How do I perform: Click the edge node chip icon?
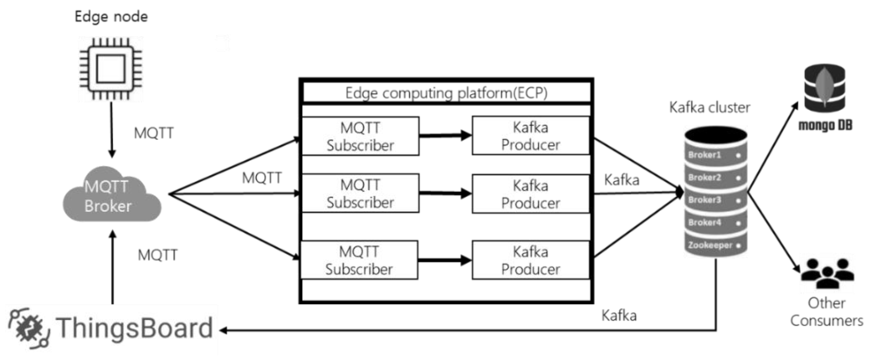click(111, 69)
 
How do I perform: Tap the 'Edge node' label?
click(111, 17)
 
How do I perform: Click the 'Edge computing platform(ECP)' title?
click(446, 93)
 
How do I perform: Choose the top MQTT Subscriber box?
click(360, 136)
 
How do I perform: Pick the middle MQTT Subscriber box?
click(360, 193)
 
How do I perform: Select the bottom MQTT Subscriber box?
click(359, 260)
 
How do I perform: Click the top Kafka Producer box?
click(530, 136)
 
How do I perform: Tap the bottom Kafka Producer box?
click(530, 260)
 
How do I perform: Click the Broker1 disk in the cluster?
click(715, 155)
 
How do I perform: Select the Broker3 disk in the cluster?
click(715, 200)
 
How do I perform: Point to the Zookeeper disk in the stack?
click(715, 245)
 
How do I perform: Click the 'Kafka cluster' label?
click(710, 107)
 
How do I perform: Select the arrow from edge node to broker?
click(111, 130)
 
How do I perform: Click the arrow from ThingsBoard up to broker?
click(113, 267)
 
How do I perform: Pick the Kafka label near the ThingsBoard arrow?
click(619, 315)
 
